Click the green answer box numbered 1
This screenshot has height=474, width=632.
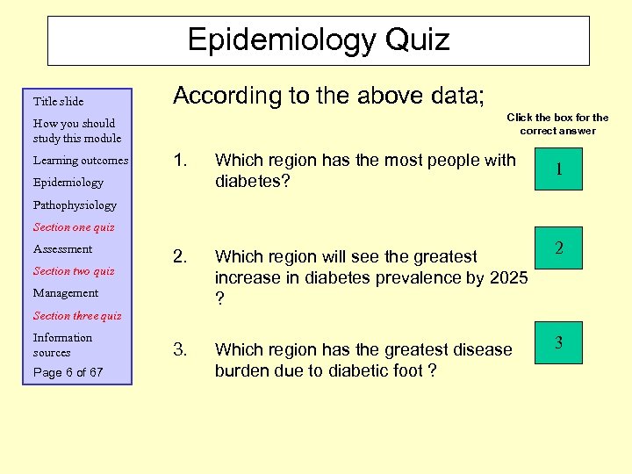(x=558, y=169)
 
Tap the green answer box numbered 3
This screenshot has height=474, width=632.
(x=558, y=342)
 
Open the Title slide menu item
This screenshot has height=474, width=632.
(x=58, y=101)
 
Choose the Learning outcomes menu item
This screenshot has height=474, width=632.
(x=80, y=161)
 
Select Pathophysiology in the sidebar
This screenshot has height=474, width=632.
(x=75, y=205)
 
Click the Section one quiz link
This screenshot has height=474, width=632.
(x=75, y=226)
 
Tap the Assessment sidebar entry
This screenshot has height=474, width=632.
(x=62, y=248)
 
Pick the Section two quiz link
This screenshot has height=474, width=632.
(x=74, y=270)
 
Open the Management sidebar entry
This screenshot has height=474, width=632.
(x=66, y=293)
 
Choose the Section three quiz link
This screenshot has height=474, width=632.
(x=77, y=315)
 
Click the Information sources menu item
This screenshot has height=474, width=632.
(x=62, y=344)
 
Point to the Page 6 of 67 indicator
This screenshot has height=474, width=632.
(x=68, y=372)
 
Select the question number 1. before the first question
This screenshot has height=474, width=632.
(x=181, y=161)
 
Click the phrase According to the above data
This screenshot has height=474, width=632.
(x=328, y=95)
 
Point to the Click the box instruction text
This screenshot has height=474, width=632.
(x=557, y=124)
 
